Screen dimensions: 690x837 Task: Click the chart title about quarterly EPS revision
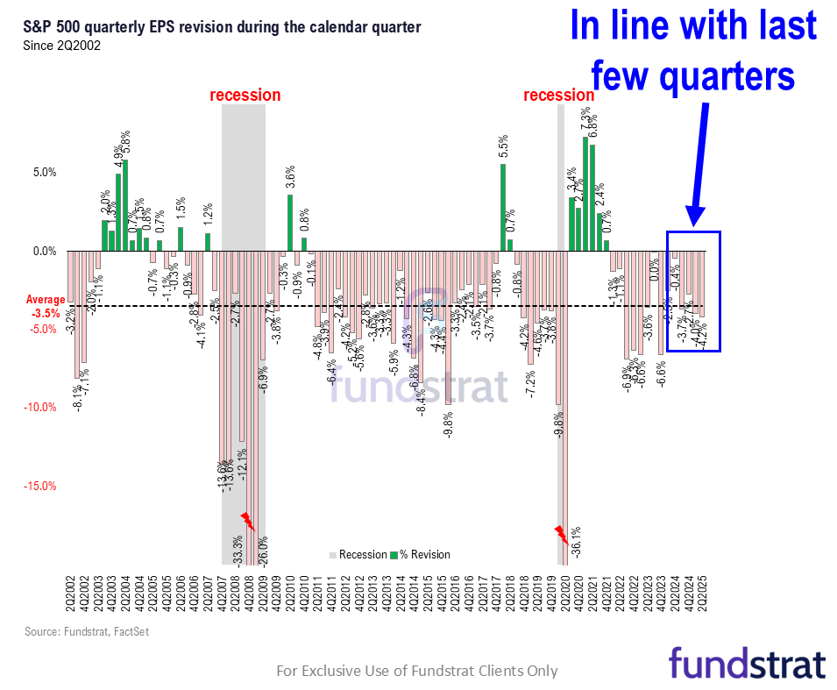point(223,28)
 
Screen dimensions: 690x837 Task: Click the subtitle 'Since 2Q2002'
point(61,46)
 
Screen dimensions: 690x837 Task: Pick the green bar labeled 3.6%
point(290,223)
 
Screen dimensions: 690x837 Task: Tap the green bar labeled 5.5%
point(503,207)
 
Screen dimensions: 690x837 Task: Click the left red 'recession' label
point(245,95)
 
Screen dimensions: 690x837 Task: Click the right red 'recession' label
point(559,95)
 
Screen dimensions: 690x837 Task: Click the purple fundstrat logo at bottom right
point(747,663)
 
